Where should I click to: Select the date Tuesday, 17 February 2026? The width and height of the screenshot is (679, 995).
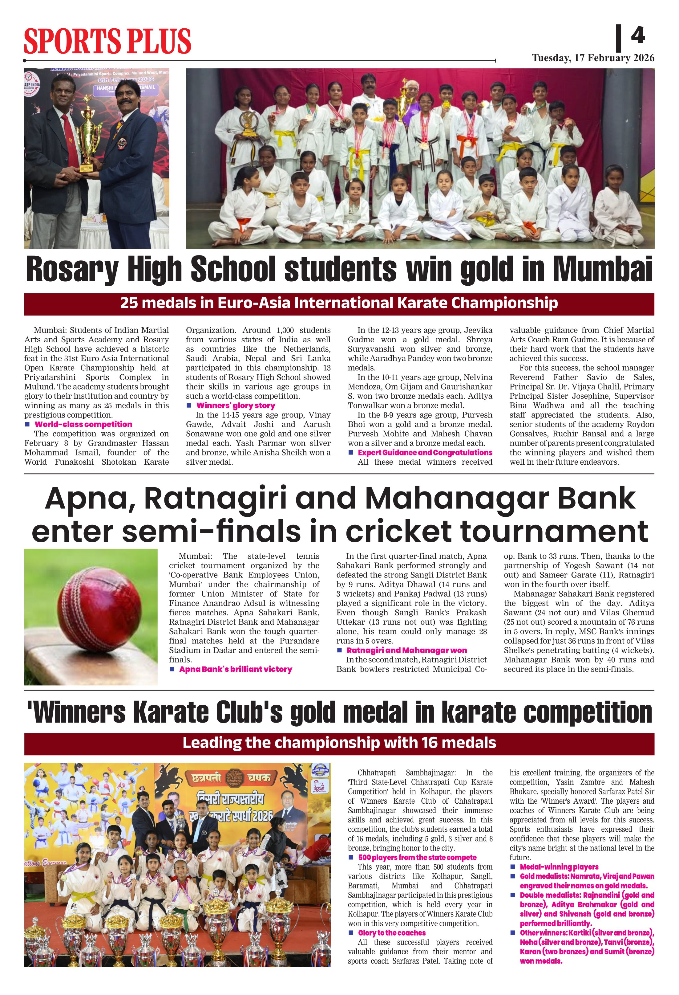[x=593, y=58]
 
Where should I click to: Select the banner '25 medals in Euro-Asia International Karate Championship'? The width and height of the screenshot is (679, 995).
[x=339, y=303]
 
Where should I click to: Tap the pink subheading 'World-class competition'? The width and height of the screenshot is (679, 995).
[x=83, y=424]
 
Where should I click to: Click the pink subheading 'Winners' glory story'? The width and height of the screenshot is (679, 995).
[x=236, y=406]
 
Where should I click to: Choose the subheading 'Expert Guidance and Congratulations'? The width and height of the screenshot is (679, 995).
[x=425, y=453]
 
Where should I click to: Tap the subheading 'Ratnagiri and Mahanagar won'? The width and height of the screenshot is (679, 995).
[x=406, y=650]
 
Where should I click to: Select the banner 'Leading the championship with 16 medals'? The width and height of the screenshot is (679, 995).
[x=339, y=743]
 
